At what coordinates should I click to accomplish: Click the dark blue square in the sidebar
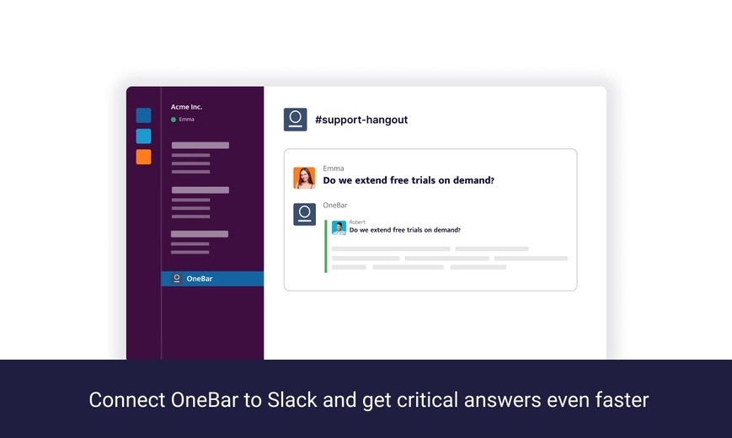[x=143, y=115]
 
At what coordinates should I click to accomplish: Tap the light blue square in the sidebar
[x=143, y=136]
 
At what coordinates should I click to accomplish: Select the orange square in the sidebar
[x=143, y=157]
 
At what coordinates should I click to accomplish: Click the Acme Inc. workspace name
[x=186, y=107]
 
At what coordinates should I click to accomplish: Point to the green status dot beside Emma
[x=174, y=120]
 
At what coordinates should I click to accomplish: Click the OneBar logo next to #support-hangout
[x=295, y=120]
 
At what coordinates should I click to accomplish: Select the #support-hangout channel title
[x=361, y=120]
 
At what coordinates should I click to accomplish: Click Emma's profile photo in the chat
[x=304, y=178]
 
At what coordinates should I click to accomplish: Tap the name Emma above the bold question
[x=334, y=168]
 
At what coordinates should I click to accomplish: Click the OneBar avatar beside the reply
[x=304, y=214]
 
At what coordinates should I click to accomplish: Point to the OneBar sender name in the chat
[x=335, y=205]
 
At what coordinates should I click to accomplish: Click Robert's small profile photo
[x=339, y=228]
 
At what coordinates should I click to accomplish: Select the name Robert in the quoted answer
[x=357, y=222]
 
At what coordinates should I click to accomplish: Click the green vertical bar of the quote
[x=326, y=246]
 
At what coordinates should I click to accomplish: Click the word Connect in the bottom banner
[x=127, y=400]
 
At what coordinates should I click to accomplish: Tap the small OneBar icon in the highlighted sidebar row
[x=176, y=279]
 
